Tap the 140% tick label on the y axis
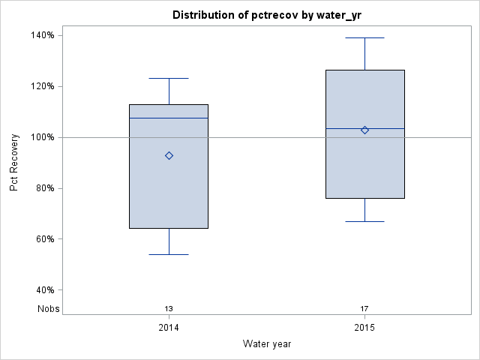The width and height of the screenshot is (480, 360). (x=41, y=35)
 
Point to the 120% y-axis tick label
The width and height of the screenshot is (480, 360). (x=41, y=86)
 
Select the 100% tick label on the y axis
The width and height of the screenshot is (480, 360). (x=41, y=137)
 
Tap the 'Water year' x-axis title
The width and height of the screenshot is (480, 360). (x=267, y=343)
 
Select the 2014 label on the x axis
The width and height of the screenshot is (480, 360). (x=169, y=328)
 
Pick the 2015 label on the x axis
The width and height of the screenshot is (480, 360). (x=364, y=328)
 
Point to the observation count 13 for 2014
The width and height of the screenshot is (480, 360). (x=169, y=308)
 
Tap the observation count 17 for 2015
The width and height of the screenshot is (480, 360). (x=364, y=308)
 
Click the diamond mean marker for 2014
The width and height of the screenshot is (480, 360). (x=169, y=156)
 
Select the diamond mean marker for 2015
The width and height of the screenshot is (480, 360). (x=364, y=130)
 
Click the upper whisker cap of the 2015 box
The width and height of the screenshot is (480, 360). (x=364, y=37)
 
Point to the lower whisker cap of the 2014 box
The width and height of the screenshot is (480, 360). (x=169, y=254)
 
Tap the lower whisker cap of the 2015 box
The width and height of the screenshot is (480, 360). (x=364, y=221)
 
